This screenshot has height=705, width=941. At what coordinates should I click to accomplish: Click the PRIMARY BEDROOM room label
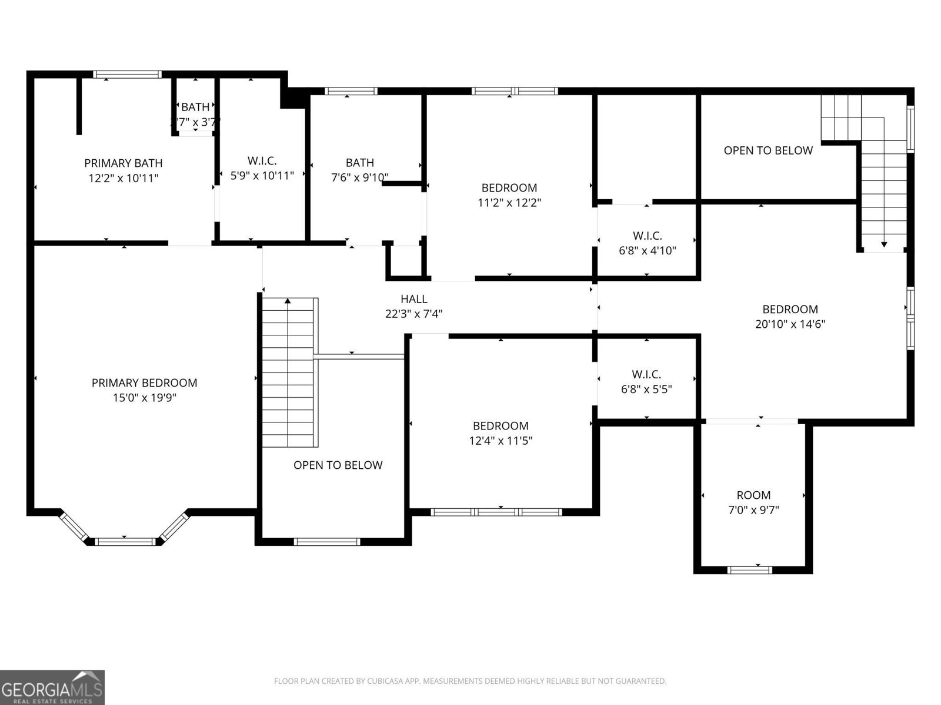pyautogui.click(x=144, y=382)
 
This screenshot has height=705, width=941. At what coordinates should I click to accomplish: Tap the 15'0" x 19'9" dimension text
pyautogui.click(x=144, y=398)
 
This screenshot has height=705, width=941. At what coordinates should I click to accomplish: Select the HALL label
pyautogui.click(x=413, y=299)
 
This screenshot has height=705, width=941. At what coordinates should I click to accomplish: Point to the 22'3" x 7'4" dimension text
pyautogui.click(x=413, y=314)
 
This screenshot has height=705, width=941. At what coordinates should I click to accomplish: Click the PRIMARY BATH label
pyautogui.click(x=123, y=163)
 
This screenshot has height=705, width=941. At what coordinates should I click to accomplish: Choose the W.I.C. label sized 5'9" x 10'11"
pyautogui.click(x=262, y=160)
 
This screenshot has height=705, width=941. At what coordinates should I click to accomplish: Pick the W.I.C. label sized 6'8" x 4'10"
pyautogui.click(x=647, y=236)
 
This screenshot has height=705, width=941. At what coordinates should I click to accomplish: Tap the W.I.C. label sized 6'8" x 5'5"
pyautogui.click(x=646, y=374)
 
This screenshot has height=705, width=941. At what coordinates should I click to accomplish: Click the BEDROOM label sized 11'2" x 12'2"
pyautogui.click(x=509, y=188)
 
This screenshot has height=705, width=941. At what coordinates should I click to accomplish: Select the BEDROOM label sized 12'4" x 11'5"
pyautogui.click(x=500, y=425)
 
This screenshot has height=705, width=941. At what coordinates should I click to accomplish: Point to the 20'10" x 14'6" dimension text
pyautogui.click(x=790, y=324)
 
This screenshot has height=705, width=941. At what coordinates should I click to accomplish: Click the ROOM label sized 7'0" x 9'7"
pyautogui.click(x=753, y=495)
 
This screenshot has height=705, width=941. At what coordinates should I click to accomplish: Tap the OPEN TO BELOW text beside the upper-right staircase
pyautogui.click(x=768, y=150)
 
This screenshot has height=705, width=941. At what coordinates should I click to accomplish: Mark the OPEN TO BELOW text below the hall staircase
pyautogui.click(x=338, y=465)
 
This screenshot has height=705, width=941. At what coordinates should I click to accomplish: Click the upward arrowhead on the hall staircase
pyautogui.click(x=288, y=301)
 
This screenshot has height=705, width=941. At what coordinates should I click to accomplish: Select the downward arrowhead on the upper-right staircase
pyautogui.click(x=883, y=244)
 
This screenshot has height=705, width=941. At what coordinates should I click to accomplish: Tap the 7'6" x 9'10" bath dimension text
pyautogui.click(x=359, y=177)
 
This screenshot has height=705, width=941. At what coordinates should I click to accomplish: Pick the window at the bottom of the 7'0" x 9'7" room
pyautogui.click(x=749, y=569)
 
